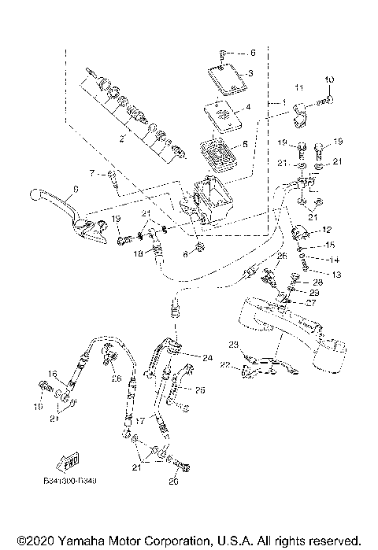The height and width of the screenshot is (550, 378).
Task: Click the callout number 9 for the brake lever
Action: pos(76,188)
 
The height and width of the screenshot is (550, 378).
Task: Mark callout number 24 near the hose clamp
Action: pos(208,357)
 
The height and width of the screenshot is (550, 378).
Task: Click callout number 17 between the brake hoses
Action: pos(138,422)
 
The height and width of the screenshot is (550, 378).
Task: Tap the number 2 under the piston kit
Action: pos(121,139)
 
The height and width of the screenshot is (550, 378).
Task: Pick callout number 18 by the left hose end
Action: pos(137,253)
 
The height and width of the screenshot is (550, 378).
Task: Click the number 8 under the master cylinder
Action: pos(186,254)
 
